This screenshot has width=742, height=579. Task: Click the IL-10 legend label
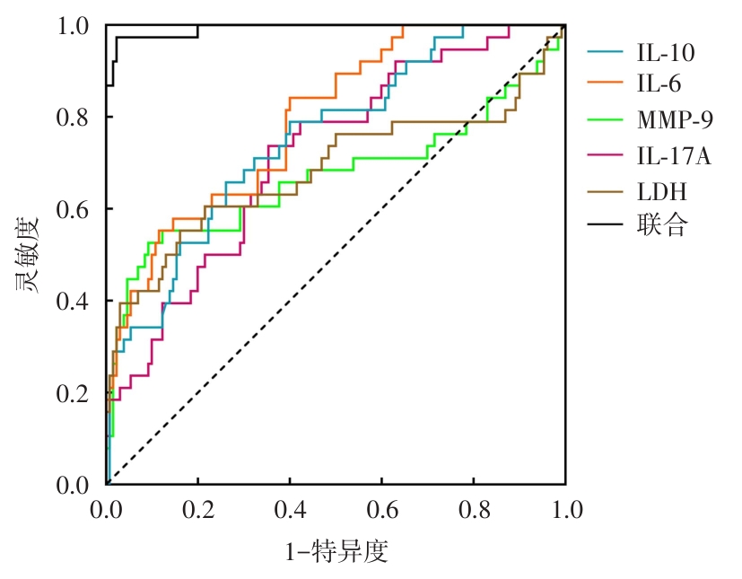665,53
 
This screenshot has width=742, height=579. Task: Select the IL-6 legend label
659,84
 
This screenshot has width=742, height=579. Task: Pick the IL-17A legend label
673,156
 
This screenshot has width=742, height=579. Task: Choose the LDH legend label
662,191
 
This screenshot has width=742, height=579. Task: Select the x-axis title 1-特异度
336,551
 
